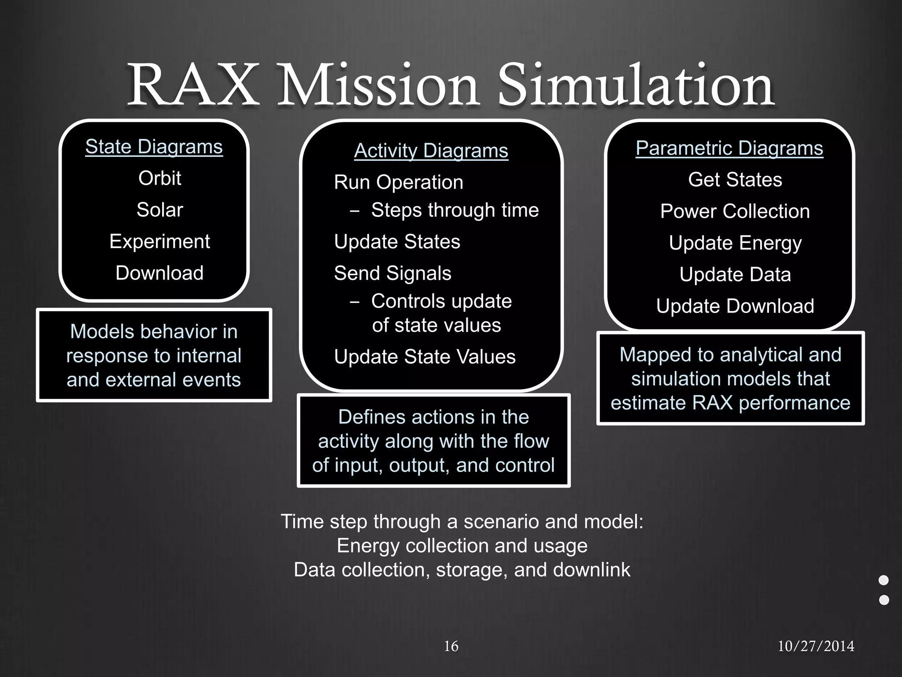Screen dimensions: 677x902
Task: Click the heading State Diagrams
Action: pos(154,147)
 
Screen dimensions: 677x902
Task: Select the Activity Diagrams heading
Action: pos(431,151)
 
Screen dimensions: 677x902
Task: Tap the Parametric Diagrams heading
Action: pos(729,148)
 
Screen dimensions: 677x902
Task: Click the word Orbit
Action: pos(159,178)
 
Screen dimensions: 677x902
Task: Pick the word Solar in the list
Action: pos(159,210)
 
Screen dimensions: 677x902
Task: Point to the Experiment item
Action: pos(159,242)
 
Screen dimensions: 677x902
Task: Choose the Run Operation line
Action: pos(398,182)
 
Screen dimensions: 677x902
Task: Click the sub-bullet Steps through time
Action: pos(455,210)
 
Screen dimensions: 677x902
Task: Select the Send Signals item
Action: pos(392,273)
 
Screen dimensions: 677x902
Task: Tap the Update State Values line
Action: pos(425,357)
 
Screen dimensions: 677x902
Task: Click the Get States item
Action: pos(735,180)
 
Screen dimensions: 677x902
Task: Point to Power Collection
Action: pos(735,212)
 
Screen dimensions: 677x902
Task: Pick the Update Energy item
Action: pos(735,243)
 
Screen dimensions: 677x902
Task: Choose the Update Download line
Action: pos(735,306)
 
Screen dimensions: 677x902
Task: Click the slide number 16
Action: pos(451,646)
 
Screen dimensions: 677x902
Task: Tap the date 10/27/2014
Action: pos(816,646)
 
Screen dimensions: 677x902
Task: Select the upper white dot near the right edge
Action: pos(884,580)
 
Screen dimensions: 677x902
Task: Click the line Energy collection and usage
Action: pos(462,546)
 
